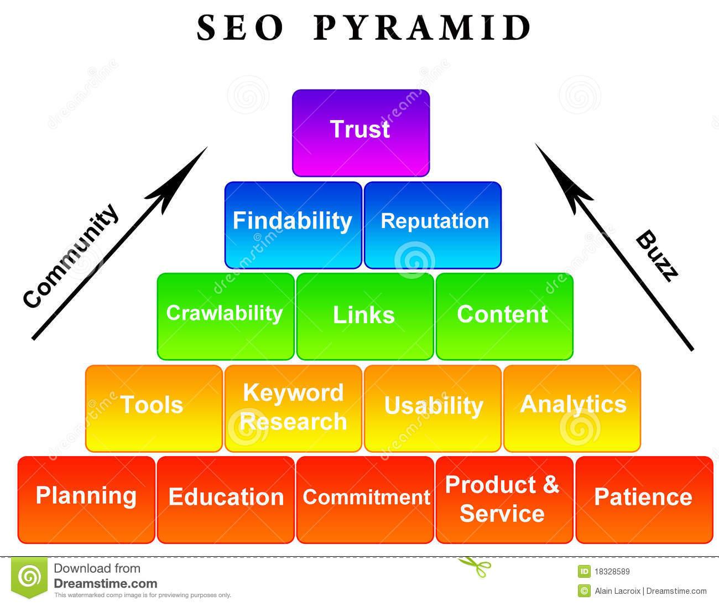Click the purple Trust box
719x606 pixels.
coord(361,133)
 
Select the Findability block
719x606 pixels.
coord(293,225)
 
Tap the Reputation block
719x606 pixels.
coord(433,225)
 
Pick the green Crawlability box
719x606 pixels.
coord(225,316)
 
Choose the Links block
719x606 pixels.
coord(364,316)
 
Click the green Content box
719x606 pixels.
coord(504,316)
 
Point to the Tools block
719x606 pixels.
coord(153,407)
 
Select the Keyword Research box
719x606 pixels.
coord(293,407)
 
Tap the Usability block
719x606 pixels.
coord(433,407)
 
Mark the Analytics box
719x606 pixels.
coord(572,407)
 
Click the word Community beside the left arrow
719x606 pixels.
coord(71,256)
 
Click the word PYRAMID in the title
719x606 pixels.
coord(423,28)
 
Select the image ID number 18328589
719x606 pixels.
coord(612,572)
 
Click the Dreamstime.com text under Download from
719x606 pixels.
coord(106,583)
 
